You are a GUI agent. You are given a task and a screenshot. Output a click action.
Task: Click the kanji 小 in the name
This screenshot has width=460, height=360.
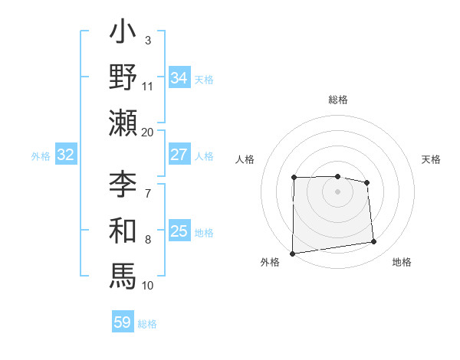[x=123, y=35]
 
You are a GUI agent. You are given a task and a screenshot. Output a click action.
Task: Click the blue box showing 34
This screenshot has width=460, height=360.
[x=179, y=77]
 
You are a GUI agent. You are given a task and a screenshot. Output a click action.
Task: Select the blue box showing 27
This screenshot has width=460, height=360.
[x=179, y=155]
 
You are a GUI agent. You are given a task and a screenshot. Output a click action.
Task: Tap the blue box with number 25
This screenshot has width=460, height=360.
[x=179, y=231]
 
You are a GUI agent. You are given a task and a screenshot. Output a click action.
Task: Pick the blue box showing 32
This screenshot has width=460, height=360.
[x=65, y=155]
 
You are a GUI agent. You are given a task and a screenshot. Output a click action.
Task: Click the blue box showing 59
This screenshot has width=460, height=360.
[x=122, y=322]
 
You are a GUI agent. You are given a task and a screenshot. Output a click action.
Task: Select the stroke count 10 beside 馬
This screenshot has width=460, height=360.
[x=148, y=285]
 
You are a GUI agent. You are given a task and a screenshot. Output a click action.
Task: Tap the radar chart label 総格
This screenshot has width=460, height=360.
[x=338, y=100]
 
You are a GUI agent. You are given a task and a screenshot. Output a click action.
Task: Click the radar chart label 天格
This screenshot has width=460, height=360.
[x=432, y=159]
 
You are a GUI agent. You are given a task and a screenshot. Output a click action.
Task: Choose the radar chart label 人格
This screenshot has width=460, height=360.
[x=245, y=159]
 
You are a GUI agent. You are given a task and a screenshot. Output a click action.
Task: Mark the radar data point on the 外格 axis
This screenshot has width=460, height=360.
[x=292, y=254]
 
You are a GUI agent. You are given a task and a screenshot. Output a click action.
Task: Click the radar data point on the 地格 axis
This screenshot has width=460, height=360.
[x=374, y=242]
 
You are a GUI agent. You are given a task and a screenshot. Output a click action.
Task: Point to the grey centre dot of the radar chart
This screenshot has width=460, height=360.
[x=337, y=191]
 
